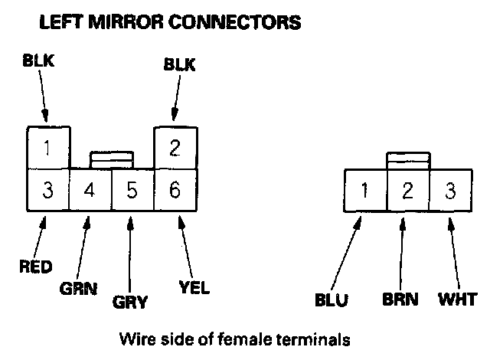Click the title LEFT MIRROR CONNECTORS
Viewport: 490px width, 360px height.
pyautogui.click(x=169, y=22)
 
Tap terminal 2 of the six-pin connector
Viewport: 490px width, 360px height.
pyautogui.click(x=175, y=147)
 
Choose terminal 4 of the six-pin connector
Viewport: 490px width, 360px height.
pyautogui.click(x=90, y=189)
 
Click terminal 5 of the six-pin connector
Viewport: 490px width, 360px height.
pyautogui.click(x=132, y=189)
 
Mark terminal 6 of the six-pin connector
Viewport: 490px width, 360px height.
pyautogui.click(x=175, y=189)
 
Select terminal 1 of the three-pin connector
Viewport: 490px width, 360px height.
pyautogui.click(x=365, y=189)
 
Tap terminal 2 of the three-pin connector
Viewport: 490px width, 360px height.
pyautogui.click(x=407, y=189)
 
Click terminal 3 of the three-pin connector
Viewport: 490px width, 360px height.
pyautogui.click(x=449, y=189)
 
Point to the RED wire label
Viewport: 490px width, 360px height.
pyautogui.click(x=35, y=267)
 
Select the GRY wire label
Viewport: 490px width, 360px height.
pyautogui.click(x=129, y=302)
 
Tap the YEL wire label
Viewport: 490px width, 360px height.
pyautogui.click(x=194, y=289)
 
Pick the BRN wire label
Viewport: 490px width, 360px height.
pyautogui.click(x=401, y=299)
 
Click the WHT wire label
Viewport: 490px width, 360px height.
pyautogui.click(x=457, y=299)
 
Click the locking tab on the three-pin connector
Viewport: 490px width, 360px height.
pyautogui.click(x=407, y=161)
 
